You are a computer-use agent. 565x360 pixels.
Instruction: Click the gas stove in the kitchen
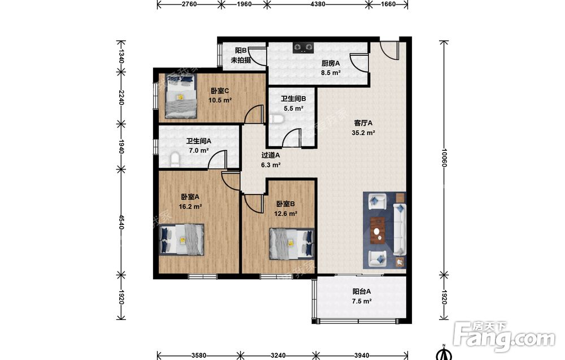(303, 47)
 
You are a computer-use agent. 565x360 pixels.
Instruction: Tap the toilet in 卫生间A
(175, 160)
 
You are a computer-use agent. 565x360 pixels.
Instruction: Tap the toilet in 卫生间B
(275, 119)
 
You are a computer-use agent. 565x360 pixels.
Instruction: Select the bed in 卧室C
(181, 97)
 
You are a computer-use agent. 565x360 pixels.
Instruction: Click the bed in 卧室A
(182, 240)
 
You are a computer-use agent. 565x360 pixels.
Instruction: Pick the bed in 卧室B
(292, 244)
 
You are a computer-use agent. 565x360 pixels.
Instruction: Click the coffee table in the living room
(378, 231)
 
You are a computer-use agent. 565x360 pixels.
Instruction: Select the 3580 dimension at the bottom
(199, 355)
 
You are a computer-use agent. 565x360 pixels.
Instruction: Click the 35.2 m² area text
(363, 133)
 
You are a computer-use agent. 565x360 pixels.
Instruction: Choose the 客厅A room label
(363, 123)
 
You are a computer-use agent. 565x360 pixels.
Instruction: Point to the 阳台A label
(362, 292)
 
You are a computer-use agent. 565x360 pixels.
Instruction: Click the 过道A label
(271, 155)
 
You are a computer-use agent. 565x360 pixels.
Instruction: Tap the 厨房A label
(331, 63)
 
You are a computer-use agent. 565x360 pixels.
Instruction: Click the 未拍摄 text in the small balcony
(241, 60)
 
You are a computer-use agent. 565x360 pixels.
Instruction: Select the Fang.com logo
(504, 336)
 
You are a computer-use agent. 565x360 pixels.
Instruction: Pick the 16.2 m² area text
(190, 207)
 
